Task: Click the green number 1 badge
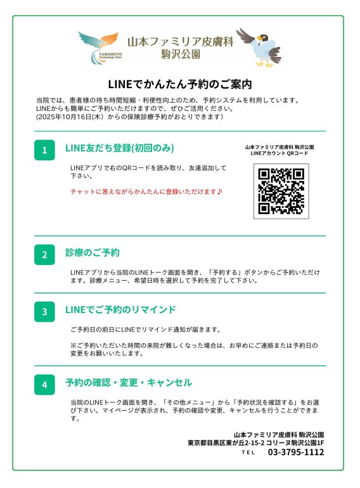point(44,150)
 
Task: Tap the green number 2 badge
point(44,255)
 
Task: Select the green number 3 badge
point(44,312)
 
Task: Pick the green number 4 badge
point(44,385)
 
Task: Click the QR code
point(281,191)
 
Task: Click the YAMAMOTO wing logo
point(100,47)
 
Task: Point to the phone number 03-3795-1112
point(296,452)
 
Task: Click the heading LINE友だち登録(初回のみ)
point(120,148)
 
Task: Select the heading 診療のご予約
point(93,252)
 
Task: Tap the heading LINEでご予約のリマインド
point(120,310)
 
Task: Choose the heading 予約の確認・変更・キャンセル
point(129,383)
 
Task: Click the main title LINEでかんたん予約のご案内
point(180,84)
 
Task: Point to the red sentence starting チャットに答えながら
point(146,191)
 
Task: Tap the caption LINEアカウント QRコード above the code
point(280,153)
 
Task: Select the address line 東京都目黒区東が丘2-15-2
point(226,443)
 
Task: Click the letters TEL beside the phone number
point(248,453)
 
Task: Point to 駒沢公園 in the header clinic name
point(181,55)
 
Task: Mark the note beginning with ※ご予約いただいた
point(194,349)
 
